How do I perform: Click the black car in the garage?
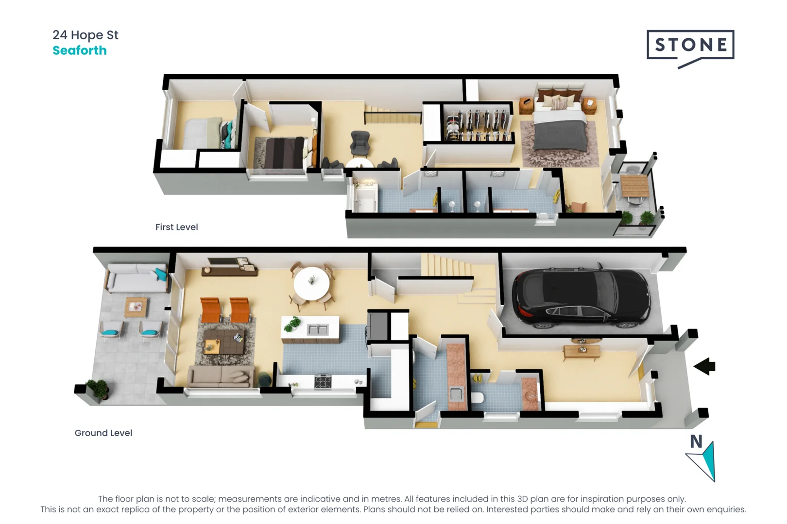click(581, 297)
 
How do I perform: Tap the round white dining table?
click(311, 283)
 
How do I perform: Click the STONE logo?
click(690, 46)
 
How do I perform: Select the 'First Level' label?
click(176, 227)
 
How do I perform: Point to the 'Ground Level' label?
click(103, 433)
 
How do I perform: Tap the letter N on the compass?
click(696, 442)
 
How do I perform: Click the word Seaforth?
click(80, 50)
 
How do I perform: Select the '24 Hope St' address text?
click(86, 35)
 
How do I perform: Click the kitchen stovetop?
click(323, 381)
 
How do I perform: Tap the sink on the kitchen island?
click(318, 330)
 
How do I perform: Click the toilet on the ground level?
click(477, 398)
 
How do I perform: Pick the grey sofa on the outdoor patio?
click(137, 278)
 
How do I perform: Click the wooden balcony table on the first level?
click(635, 185)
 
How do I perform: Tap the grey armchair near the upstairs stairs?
click(360, 143)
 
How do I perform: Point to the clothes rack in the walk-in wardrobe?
click(479, 124)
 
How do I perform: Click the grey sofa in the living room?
click(221, 376)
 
